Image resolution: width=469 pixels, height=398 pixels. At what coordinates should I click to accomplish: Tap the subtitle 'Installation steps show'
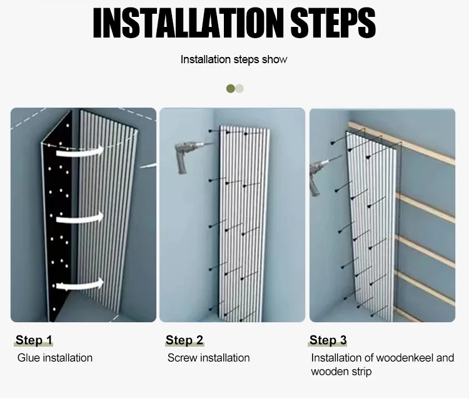(x=234, y=59)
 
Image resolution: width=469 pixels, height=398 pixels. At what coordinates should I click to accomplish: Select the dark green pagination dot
(x=231, y=89)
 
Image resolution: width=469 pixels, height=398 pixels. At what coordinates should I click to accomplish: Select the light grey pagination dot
(x=240, y=89)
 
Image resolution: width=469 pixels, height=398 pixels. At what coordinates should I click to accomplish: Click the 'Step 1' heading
(x=34, y=340)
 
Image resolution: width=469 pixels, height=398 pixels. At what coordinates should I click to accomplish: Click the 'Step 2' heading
(x=184, y=340)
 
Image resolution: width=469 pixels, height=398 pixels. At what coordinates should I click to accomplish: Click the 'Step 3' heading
(x=328, y=340)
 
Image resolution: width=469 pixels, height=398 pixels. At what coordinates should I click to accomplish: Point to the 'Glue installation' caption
(x=54, y=358)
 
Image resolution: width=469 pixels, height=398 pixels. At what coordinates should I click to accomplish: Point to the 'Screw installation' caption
(x=208, y=358)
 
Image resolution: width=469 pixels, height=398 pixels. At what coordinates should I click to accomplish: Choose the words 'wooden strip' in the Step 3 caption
(x=341, y=372)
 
